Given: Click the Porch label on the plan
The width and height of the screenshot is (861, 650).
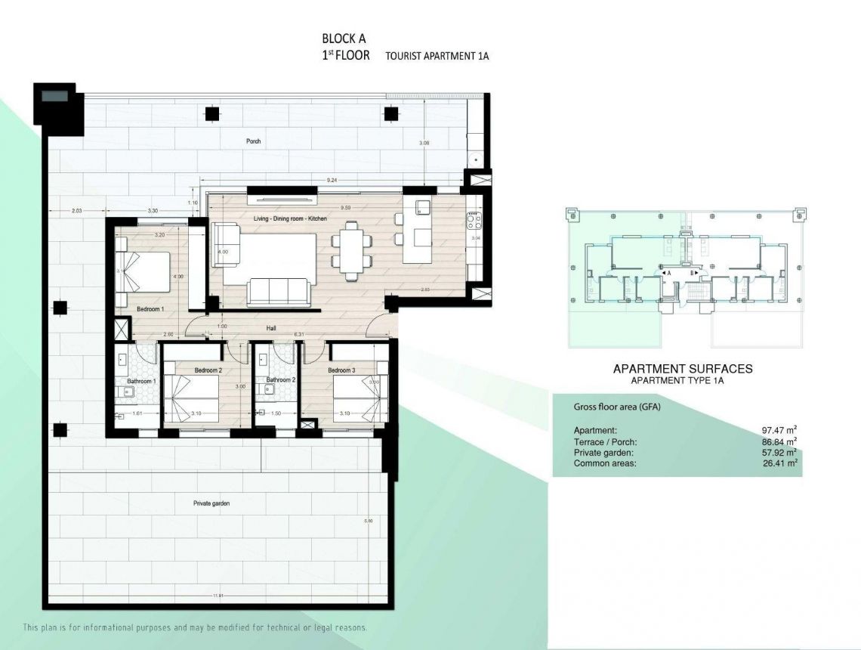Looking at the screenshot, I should point(253,141).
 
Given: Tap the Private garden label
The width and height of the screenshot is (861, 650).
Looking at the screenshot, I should point(211,503).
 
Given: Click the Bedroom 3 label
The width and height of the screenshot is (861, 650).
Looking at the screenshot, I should point(341,370).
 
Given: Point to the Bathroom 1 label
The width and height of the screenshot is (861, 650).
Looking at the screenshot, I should point(141,382).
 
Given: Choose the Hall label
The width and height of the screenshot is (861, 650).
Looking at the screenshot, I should point(270,329).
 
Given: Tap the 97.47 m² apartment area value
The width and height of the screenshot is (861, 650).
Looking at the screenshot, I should point(779,431).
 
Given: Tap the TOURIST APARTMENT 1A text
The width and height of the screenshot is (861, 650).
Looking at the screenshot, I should point(437,57).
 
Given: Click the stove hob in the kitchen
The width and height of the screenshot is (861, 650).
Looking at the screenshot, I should point(474,221).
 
